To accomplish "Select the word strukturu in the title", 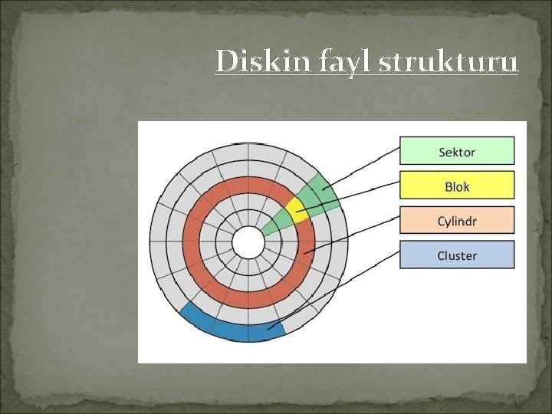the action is (449, 61).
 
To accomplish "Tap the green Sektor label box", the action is (457, 151).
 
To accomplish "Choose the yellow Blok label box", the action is (457, 186).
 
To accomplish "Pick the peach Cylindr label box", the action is (457, 221).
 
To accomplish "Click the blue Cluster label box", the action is (457, 255).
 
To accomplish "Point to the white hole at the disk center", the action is (248, 242).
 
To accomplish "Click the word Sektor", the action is (457, 152).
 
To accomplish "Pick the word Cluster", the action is (457, 256).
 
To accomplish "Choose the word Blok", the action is (457, 186).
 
